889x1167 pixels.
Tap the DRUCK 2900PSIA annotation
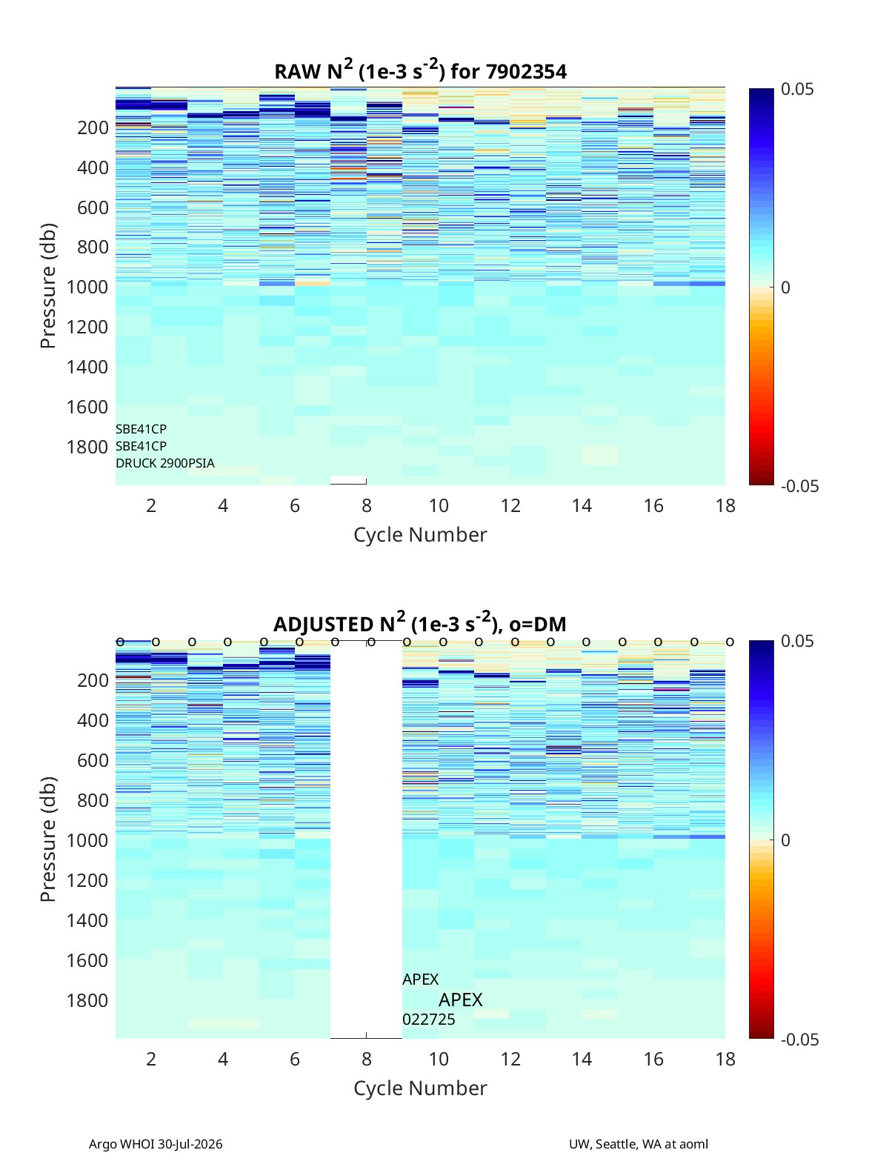165,463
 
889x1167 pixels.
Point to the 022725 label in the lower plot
428,1020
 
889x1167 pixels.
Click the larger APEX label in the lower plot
460,1000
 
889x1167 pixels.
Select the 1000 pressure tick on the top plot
87,287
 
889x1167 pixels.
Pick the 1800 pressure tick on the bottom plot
87,1000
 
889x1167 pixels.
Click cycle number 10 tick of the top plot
439,505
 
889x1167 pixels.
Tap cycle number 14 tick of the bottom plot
582,1059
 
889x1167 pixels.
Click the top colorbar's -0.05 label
799,486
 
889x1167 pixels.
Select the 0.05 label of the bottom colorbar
797,641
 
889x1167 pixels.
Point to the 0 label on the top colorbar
785,287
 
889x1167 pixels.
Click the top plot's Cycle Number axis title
420,535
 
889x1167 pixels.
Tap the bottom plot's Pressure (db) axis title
48,839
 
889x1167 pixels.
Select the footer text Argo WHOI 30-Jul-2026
156,1144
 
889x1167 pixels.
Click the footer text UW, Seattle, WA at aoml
638,1144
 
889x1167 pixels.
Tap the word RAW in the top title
298,72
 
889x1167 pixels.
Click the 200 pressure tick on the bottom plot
93,680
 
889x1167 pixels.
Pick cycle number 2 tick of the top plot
151,505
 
